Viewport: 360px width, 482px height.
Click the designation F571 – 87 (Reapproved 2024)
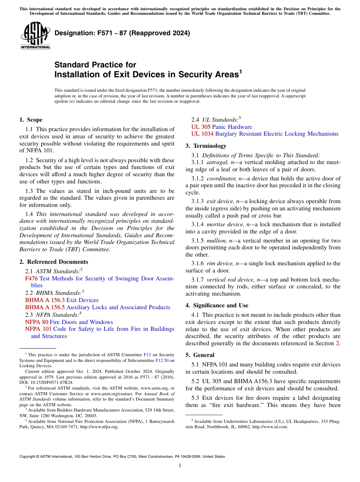click(x=122, y=33)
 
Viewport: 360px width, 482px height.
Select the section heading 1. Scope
click(x=31, y=120)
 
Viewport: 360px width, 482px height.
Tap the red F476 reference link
click(x=31, y=279)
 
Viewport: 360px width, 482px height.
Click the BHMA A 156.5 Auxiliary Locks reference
click(x=97, y=307)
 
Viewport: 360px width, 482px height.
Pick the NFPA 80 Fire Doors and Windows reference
click(x=69, y=322)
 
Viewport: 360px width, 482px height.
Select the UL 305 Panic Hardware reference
click(x=221, y=127)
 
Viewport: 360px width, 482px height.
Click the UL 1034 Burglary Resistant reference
click(x=265, y=134)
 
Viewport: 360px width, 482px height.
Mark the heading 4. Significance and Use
click(x=217, y=305)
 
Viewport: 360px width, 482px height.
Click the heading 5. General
click(x=200, y=355)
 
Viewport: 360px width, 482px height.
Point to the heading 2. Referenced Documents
click(x=53, y=262)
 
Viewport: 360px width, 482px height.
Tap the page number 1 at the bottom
click(x=180, y=466)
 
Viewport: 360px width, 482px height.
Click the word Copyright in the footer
click(x=28, y=457)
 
